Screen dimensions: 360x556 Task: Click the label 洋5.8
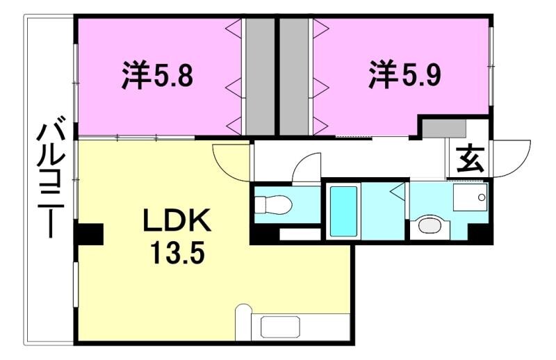157,75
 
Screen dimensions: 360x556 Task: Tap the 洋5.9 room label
404,74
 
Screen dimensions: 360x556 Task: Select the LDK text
177,222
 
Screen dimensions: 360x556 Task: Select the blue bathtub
343,211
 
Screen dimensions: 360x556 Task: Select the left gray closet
259,76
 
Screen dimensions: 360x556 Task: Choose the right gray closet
295,76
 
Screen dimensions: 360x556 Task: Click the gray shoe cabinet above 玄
445,128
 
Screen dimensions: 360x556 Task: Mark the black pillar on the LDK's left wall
88,234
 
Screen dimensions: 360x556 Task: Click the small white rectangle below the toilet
300,234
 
